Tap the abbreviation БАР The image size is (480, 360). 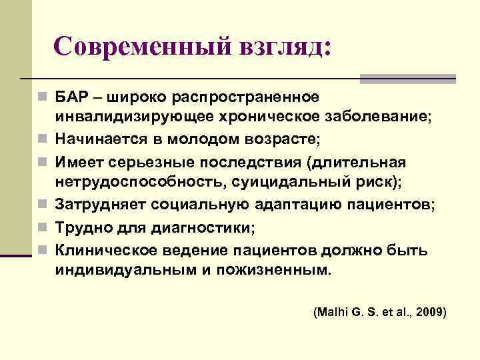[72, 98]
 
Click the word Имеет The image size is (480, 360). [79, 163]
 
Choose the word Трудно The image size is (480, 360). [83, 227]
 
